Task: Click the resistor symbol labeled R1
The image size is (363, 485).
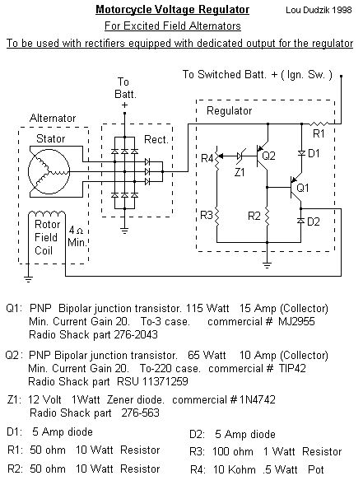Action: [x=319, y=124]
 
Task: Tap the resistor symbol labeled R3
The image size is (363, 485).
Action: [x=216, y=217]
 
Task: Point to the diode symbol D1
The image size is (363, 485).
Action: [x=301, y=153]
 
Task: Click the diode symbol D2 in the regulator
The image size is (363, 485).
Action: [x=300, y=221]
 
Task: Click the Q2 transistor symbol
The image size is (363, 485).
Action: [x=262, y=156]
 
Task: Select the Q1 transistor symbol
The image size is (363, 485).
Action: [x=296, y=188]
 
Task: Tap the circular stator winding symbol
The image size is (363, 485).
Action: [x=49, y=171]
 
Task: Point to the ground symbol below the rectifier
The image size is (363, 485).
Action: [x=124, y=231]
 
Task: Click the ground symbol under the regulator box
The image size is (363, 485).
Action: [x=268, y=265]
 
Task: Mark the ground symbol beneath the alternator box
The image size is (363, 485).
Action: [x=28, y=279]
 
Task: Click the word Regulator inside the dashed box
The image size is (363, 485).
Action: [x=229, y=110]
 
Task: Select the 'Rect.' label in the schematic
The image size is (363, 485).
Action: [x=156, y=139]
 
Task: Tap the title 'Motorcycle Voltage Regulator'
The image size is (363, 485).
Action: [x=173, y=10]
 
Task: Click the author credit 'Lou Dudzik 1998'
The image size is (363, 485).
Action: [x=319, y=10]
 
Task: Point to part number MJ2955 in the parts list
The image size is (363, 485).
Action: [x=296, y=322]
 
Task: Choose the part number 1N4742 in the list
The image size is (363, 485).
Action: [x=258, y=399]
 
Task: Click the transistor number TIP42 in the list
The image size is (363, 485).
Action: [x=292, y=368]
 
